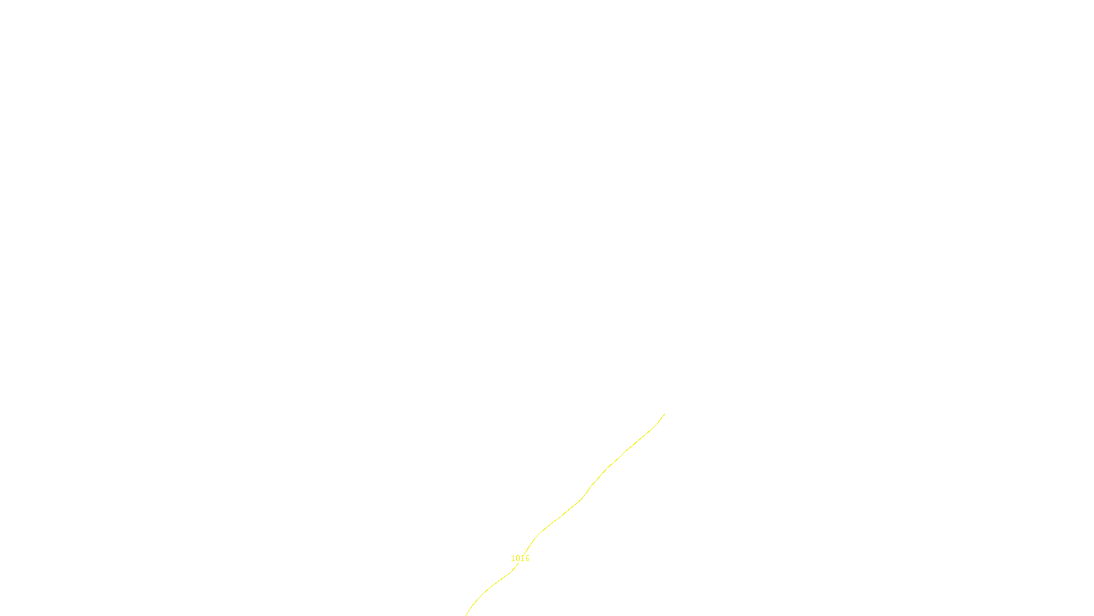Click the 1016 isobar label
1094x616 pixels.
coord(520,559)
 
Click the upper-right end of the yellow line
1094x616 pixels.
coord(665,413)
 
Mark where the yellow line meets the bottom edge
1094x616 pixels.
coord(466,615)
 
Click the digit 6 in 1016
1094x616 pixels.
coord(527,559)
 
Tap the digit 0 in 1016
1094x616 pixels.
coord(518,559)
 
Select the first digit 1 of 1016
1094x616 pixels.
coord(513,559)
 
